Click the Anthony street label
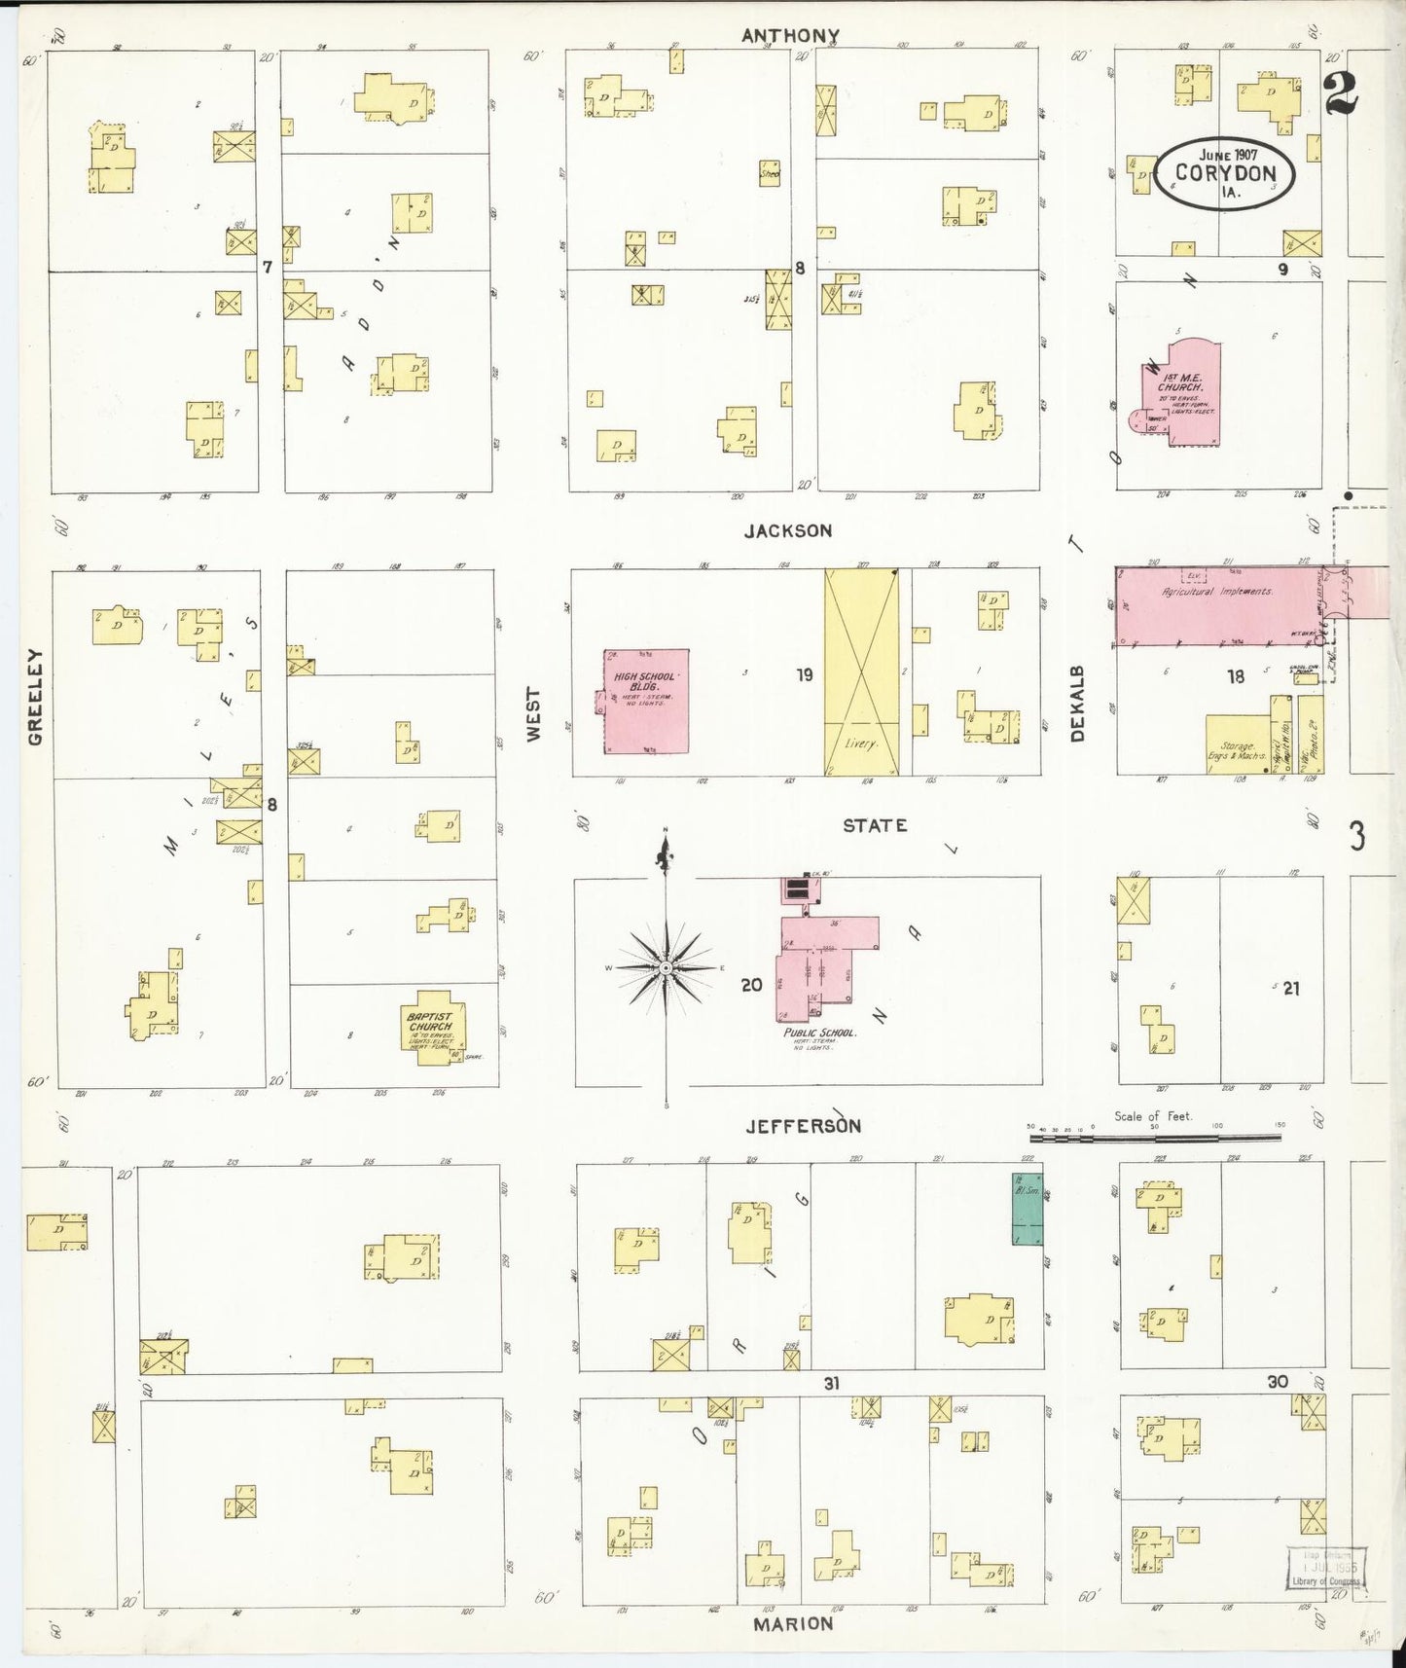point(790,36)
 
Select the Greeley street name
point(35,697)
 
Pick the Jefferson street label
point(803,1126)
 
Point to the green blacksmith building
point(1026,1208)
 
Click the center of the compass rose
point(666,968)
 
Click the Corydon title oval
point(1225,172)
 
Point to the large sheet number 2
point(1340,94)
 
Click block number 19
point(804,674)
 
